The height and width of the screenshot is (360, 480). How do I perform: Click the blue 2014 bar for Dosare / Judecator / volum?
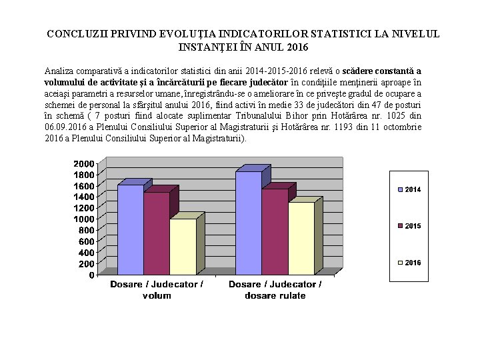130,230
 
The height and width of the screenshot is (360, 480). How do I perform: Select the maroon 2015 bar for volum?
156,233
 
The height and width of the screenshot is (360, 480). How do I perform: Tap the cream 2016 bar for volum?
182,247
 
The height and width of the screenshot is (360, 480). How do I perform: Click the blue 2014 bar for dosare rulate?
248,223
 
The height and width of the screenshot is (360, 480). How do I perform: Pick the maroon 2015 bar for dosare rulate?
274,231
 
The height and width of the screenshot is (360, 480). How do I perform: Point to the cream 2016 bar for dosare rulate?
301,238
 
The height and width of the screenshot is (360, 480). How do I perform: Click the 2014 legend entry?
409,190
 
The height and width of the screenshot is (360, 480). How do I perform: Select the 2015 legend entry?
409,226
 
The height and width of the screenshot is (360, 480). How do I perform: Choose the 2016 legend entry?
409,263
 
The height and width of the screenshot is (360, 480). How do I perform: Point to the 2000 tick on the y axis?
83,164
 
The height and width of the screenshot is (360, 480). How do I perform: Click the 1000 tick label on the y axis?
83,219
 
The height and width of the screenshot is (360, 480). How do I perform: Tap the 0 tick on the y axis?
91,275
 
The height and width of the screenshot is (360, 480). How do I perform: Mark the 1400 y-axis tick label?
83,197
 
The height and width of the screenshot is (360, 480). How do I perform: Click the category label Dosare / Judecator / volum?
157,289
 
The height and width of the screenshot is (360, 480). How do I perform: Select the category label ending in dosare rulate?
275,289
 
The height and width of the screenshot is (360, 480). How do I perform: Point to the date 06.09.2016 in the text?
65,127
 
